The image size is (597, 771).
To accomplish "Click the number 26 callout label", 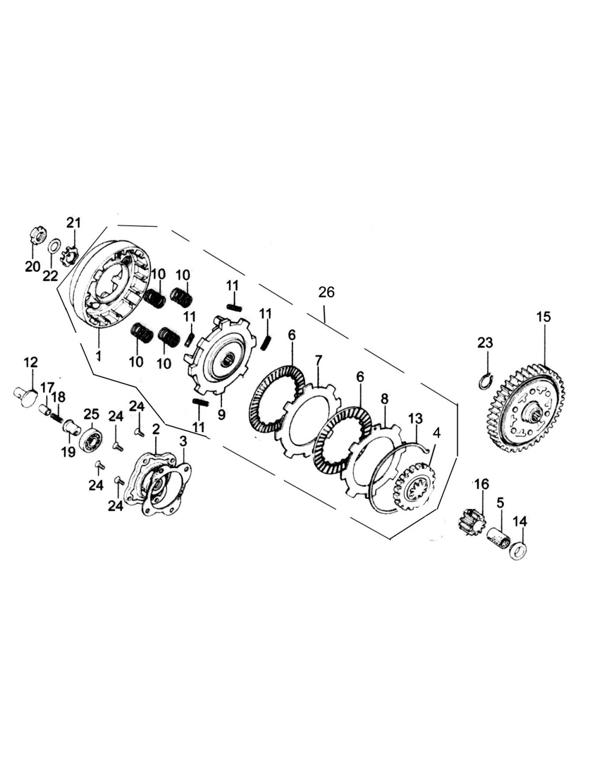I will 326,292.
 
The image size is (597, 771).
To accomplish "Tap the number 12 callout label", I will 31,362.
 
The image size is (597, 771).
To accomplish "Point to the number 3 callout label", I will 183,441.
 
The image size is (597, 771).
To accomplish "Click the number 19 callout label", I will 68,452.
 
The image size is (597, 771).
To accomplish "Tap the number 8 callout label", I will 384,400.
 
